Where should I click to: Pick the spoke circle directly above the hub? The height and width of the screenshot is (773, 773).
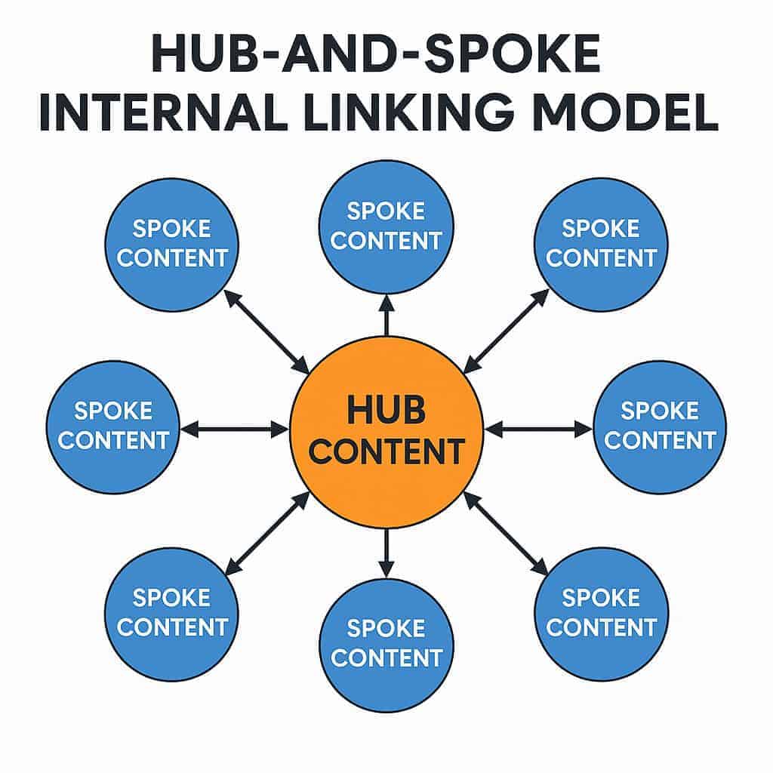pyautogui.click(x=386, y=226)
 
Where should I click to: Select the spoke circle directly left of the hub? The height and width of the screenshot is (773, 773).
pyautogui.click(x=113, y=427)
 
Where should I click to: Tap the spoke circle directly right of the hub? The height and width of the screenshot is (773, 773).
pyautogui.click(x=660, y=427)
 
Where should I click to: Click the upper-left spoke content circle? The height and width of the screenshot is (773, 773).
pyautogui.click(x=172, y=244)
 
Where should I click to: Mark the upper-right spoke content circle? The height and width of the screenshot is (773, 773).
pyautogui.click(x=601, y=244)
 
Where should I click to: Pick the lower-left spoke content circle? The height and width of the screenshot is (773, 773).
pyautogui.click(x=172, y=613)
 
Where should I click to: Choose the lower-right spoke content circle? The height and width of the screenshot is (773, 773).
pyautogui.click(x=601, y=613)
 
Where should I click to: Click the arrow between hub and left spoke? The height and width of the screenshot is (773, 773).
pyautogui.click(x=235, y=430)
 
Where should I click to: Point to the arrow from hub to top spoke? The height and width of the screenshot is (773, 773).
pyautogui.click(x=386, y=316)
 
